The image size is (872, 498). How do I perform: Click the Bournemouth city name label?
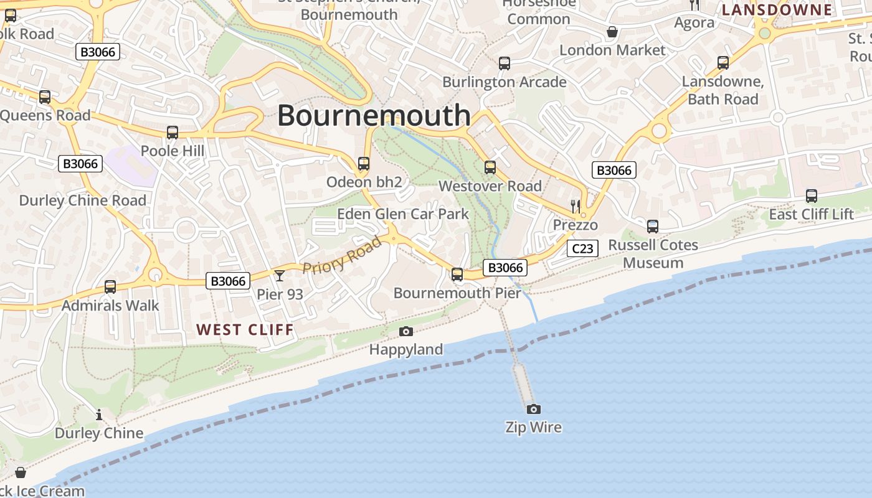(x=374, y=116)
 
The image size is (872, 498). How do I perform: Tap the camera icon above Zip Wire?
(x=533, y=409)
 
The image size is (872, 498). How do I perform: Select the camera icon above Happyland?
(x=406, y=331)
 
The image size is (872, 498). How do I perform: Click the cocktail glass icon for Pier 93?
(x=280, y=275)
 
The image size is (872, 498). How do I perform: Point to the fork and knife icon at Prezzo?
(x=576, y=206)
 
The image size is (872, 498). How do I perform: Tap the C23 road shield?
(x=582, y=249)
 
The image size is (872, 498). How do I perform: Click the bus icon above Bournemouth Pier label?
(x=457, y=274)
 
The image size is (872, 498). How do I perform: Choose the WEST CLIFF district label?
(x=245, y=330)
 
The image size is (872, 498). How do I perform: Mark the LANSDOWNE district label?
(x=777, y=10)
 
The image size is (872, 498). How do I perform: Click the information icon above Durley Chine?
(x=99, y=415)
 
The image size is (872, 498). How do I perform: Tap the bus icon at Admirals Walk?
(x=110, y=287)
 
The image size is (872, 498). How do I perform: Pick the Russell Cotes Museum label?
(x=653, y=254)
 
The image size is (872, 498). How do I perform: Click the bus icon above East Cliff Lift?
(x=811, y=196)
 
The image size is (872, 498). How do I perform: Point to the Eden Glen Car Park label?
(x=402, y=214)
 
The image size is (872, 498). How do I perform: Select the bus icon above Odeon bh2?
(x=364, y=164)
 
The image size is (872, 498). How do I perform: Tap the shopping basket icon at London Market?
(x=612, y=32)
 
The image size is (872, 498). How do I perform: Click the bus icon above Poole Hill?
(x=173, y=133)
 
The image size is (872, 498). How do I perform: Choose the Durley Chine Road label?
(x=83, y=200)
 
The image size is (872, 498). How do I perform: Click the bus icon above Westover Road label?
(x=490, y=167)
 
